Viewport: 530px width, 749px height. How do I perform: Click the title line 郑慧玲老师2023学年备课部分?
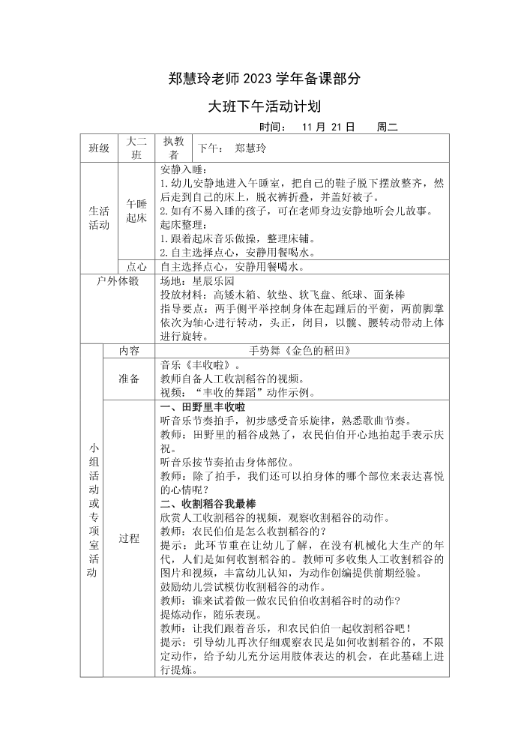coord(265,78)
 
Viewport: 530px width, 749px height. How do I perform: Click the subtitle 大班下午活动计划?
coord(265,106)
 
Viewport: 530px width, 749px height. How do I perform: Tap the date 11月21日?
coord(328,127)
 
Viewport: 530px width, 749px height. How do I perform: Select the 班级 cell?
coord(99,148)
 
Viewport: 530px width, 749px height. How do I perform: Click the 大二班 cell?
coord(136,148)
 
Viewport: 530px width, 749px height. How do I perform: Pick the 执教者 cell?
coord(173,148)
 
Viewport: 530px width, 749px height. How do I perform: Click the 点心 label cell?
coord(136,266)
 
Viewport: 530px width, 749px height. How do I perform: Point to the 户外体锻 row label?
coord(118,281)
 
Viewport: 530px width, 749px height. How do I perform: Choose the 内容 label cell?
coord(129,350)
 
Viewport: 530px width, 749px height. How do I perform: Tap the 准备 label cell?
coord(129,379)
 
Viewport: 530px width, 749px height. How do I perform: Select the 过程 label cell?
coord(129,538)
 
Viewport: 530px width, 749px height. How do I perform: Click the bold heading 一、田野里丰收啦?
coord(203,407)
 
